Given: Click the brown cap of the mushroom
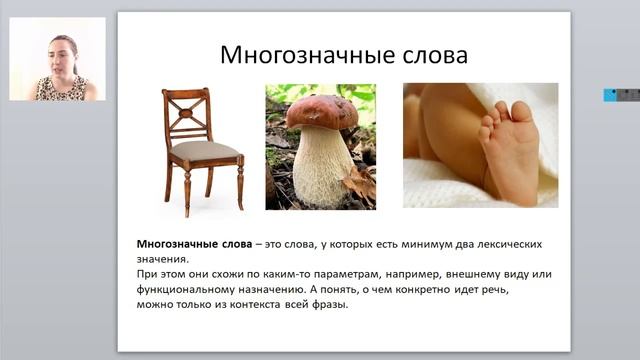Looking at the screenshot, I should tap(320, 111).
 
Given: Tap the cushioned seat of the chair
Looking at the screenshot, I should tap(205, 151).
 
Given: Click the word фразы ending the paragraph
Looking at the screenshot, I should tap(330, 305).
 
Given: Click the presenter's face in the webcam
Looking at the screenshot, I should tap(60, 55).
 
